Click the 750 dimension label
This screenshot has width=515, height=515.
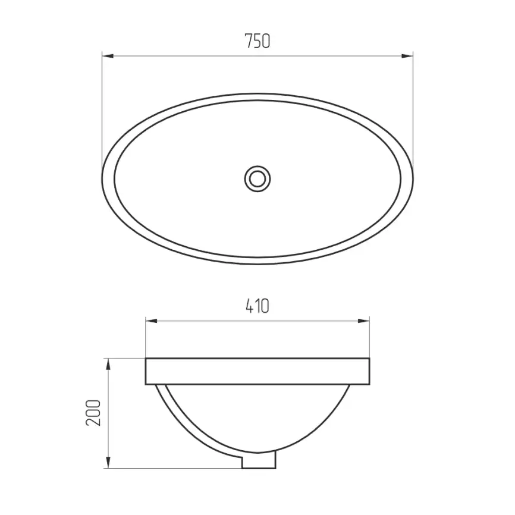[257, 41]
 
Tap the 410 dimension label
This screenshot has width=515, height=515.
[257, 306]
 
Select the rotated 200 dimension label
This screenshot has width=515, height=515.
[93, 413]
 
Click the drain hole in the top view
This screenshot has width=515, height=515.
[257, 179]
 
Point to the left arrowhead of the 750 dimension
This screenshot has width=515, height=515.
[108, 56]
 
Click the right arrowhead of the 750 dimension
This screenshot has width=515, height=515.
[407, 56]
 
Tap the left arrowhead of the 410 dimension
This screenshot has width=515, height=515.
[151, 321]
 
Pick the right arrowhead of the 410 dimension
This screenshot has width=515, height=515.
[363, 321]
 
